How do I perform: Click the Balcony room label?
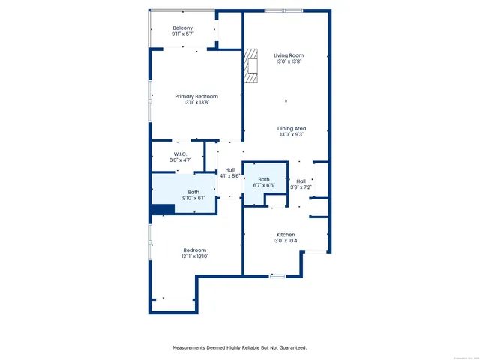[x=182, y=28]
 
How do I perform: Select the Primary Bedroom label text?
[x=196, y=96]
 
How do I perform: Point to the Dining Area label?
[x=292, y=128]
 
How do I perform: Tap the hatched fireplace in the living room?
[x=250, y=66]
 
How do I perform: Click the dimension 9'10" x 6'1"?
[x=194, y=198]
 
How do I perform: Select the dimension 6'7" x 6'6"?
[x=264, y=185]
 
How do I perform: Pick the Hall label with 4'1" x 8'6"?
[x=230, y=170]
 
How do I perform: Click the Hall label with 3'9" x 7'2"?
[x=301, y=181]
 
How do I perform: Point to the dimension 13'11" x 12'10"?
[x=194, y=256]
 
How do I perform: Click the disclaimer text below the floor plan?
[x=240, y=347]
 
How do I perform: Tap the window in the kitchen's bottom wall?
[x=277, y=276]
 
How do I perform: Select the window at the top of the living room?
[x=283, y=10]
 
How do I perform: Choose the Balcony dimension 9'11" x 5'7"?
[x=182, y=34]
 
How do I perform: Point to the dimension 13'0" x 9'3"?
[x=292, y=135]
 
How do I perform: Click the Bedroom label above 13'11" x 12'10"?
[x=194, y=250]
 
